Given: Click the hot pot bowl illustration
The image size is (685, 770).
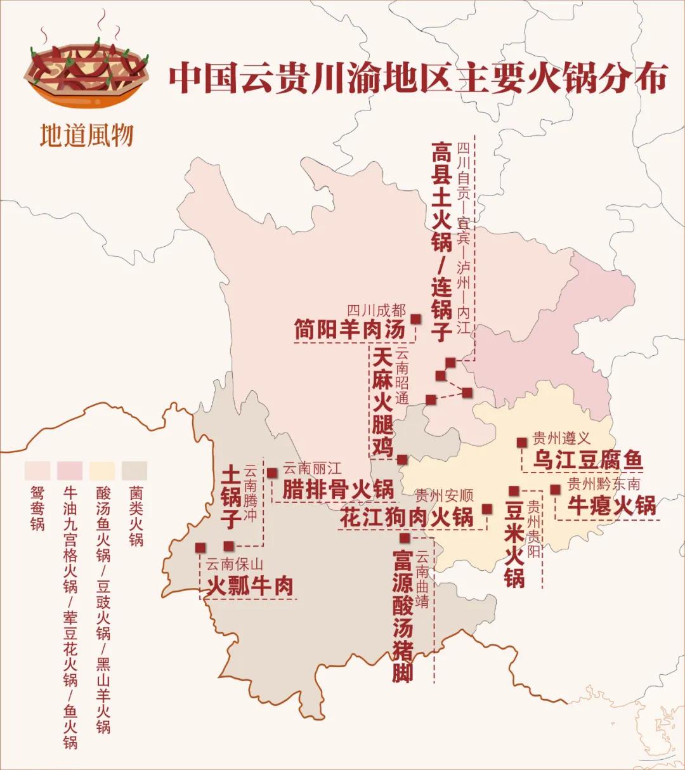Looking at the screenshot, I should pyautogui.click(x=89, y=70).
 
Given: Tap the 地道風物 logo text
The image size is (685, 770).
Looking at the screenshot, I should pyautogui.click(x=86, y=135).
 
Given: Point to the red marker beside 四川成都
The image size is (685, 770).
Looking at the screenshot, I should pyautogui.click(x=416, y=318).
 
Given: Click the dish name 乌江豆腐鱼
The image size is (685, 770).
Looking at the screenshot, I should pyautogui.click(x=587, y=459).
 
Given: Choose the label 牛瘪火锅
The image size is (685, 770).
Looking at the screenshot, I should pyautogui.click(x=611, y=506).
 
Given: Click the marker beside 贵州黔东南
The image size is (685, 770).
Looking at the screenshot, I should pyautogui.click(x=555, y=489).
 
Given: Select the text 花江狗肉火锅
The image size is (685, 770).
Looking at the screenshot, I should pyautogui.click(x=407, y=517).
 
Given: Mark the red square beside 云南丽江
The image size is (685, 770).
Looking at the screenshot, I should pyautogui.click(x=272, y=473).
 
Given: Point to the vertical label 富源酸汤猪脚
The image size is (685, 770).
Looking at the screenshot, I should pyautogui.click(x=402, y=615).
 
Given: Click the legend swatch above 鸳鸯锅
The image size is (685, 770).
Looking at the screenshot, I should pyautogui.click(x=37, y=471).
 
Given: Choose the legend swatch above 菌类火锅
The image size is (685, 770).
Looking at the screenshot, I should pyautogui.click(x=134, y=471).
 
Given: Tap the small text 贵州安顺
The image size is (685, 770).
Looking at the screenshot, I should pyautogui.click(x=445, y=496).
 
